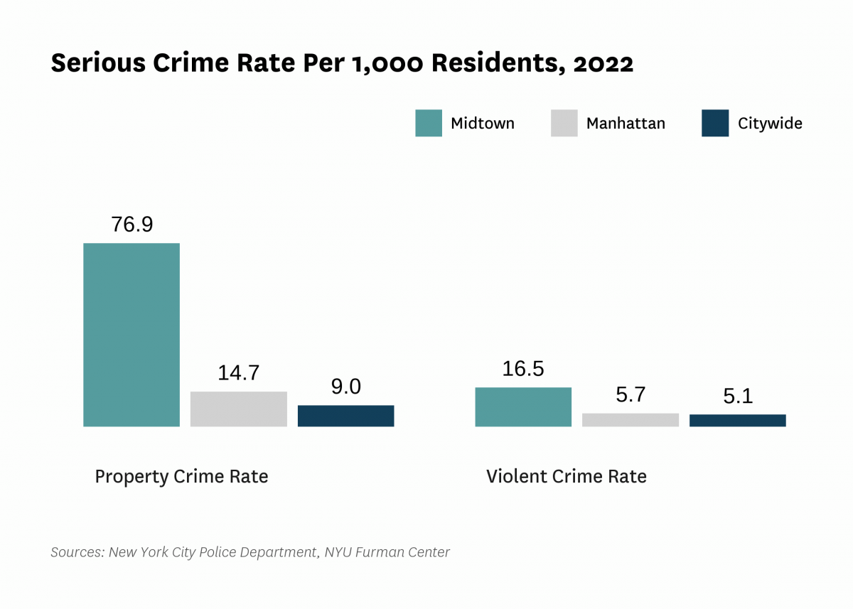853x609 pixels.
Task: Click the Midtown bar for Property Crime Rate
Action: pyautogui.click(x=132, y=335)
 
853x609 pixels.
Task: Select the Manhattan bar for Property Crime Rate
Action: pyautogui.click(x=239, y=409)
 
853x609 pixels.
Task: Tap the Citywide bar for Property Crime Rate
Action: pyautogui.click(x=345, y=416)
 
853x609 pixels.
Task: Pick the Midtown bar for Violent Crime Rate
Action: pyautogui.click(x=523, y=407)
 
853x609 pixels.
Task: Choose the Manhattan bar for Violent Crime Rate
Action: pyautogui.click(x=631, y=420)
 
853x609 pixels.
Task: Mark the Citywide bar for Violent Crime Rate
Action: pyautogui.click(x=738, y=421)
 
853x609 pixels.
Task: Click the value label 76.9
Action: pyautogui.click(x=132, y=225)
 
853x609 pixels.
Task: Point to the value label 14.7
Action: pyautogui.click(x=239, y=373)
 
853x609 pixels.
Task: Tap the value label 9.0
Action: pyautogui.click(x=345, y=387)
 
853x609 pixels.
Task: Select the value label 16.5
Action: pyautogui.click(x=523, y=369)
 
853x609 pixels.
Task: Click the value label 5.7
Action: pyautogui.click(x=631, y=395)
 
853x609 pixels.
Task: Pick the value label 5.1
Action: pyautogui.click(x=738, y=397)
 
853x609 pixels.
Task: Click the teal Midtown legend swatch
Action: pyautogui.click(x=429, y=123)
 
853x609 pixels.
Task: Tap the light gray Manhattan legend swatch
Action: pyautogui.click(x=564, y=123)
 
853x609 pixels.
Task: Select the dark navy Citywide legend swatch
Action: pyautogui.click(x=715, y=123)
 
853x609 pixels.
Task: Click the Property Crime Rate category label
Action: pyautogui.click(x=181, y=476)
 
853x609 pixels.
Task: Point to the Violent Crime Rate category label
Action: pyautogui.click(x=567, y=476)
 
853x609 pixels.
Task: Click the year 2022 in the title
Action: pyautogui.click(x=602, y=64)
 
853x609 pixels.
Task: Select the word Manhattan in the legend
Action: pyautogui.click(x=626, y=123)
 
